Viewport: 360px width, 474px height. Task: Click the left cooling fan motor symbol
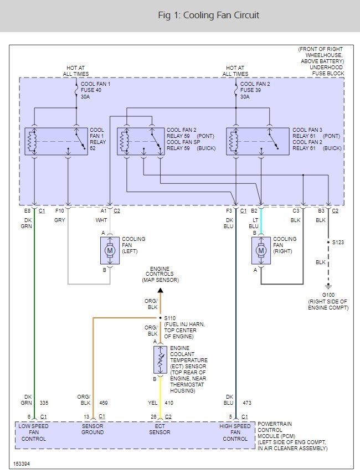click(110, 250)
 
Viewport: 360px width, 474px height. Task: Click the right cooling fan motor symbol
click(261, 250)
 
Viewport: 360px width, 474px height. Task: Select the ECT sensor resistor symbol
click(160, 360)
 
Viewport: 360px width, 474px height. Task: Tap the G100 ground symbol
click(328, 286)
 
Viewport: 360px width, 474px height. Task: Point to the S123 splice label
click(338, 243)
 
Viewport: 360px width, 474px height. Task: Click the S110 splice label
click(170, 318)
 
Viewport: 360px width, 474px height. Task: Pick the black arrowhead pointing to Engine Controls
click(161, 290)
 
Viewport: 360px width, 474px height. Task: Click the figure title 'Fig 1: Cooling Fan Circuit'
click(209, 15)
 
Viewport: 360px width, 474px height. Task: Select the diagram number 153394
click(22, 463)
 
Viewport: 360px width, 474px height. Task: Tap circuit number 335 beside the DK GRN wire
click(44, 403)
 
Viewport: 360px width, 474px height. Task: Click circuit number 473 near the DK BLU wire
click(247, 403)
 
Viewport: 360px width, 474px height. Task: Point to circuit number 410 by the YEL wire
click(169, 403)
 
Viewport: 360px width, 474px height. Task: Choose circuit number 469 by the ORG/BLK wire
click(104, 403)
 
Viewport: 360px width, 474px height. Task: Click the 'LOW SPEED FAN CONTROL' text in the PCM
click(34, 432)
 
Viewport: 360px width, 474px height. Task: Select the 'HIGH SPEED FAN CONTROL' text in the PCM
click(235, 432)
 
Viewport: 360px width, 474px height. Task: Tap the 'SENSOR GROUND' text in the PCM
click(92, 429)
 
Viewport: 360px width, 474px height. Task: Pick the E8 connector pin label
click(28, 211)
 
